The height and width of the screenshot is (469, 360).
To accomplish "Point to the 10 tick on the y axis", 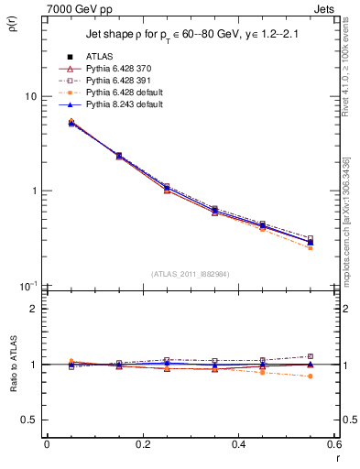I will point(32,96).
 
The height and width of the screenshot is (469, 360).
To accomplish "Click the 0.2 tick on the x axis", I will point(142,445).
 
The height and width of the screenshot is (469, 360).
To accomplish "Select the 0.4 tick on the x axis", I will point(238,445).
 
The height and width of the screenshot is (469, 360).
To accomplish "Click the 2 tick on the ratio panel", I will point(35,309).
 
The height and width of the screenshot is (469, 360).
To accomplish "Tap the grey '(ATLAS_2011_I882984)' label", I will point(191,274).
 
